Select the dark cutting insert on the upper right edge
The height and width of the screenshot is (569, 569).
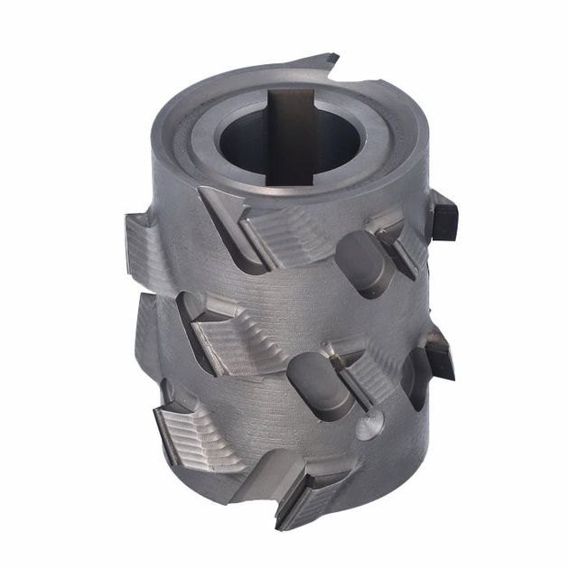click(443, 217)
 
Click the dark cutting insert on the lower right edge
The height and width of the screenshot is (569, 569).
click(440, 350)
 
